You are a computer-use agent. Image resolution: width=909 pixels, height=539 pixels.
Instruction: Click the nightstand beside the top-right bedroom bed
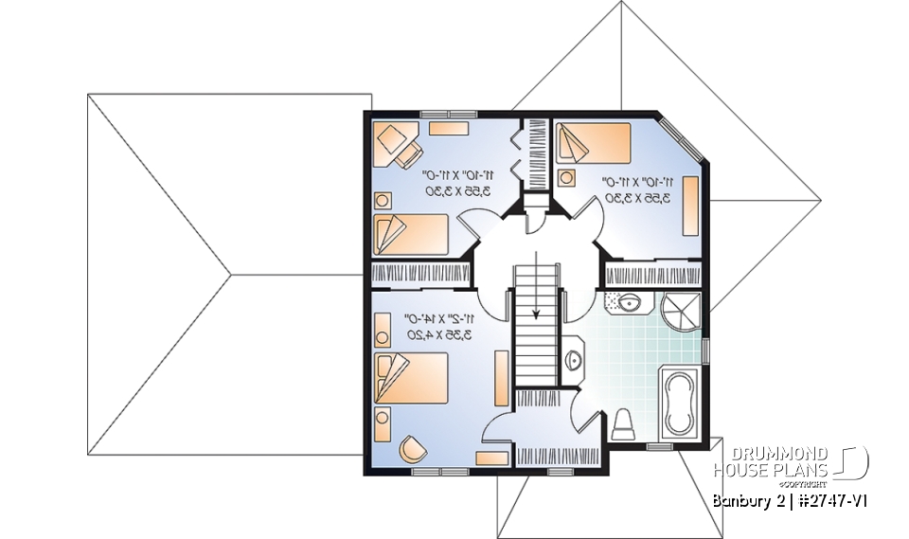pos(567,177)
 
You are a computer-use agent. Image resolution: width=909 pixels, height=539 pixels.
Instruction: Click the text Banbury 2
pos(743,500)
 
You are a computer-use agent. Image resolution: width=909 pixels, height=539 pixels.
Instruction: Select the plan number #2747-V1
pos(823,500)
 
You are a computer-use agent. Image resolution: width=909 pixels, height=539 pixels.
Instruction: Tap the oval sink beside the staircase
pos(575,359)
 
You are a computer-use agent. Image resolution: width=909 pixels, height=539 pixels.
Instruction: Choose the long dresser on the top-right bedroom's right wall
pos(691,204)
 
